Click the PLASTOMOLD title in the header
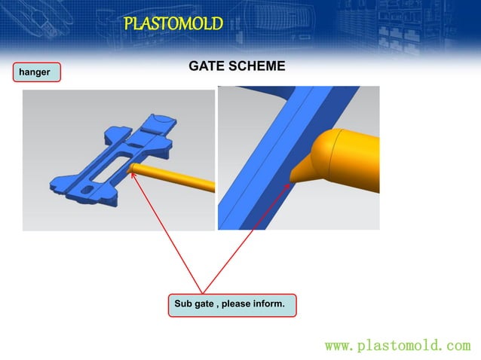(173, 23)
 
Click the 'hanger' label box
(35, 72)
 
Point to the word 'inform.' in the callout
(268, 304)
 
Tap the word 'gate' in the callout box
(207, 304)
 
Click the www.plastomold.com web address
(397, 346)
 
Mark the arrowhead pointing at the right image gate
(289, 180)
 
